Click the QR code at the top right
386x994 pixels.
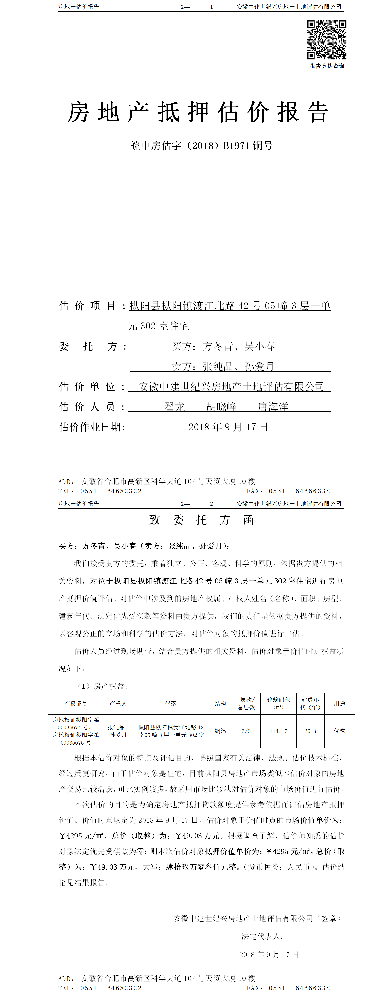tap(326, 40)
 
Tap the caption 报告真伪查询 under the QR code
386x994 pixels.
tap(327, 66)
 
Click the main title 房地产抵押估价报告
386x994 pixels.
tap(198, 113)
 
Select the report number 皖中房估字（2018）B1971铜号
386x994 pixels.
tap(201, 146)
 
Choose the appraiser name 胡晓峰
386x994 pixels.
tap(222, 407)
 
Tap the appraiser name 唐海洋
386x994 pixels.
tap(273, 407)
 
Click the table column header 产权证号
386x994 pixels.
tap(76, 703)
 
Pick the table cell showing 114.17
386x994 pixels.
tap(278, 731)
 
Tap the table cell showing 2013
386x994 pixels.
tap(310, 731)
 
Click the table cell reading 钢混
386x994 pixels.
tap(220, 731)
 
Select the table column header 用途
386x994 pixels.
tap(339, 703)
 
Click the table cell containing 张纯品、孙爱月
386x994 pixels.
tap(118, 731)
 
